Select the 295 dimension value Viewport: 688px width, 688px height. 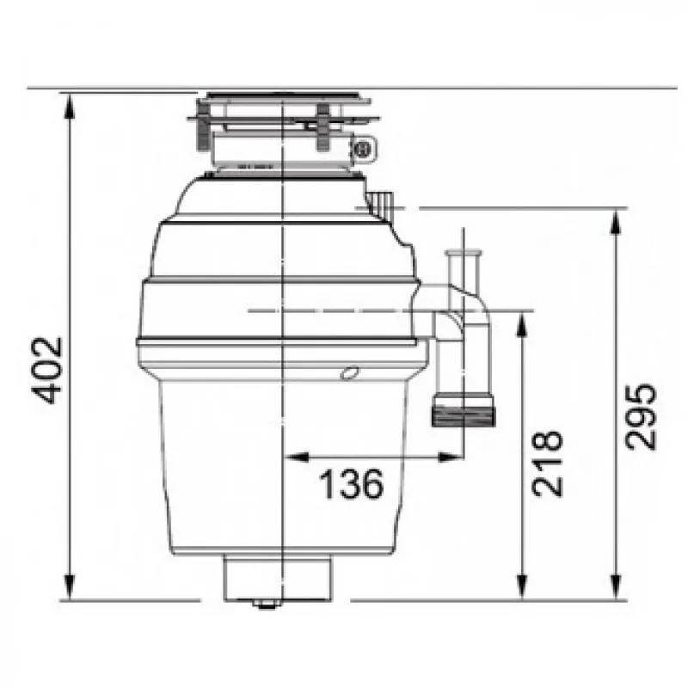tap(642, 416)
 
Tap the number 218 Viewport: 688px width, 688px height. tap(547, 462)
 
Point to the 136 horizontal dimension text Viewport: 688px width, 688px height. tap(352, 486)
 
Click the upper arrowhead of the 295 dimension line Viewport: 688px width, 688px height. tap(617, 221)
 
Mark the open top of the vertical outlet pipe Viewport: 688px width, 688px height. tap(464, 252)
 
